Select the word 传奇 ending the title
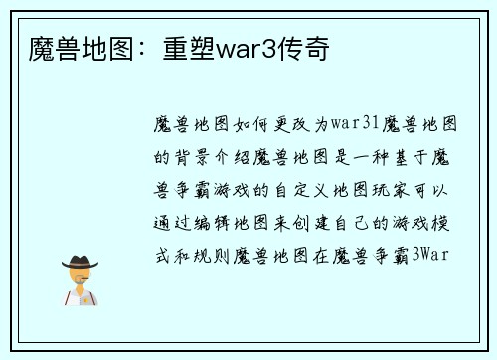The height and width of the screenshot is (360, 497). (302, 48)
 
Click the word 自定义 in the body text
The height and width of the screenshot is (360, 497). (294, 188)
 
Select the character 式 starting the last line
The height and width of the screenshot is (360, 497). (163, 253)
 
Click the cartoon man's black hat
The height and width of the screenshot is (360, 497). (80, 261)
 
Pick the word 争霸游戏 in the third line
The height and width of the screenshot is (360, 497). (219, 188)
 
